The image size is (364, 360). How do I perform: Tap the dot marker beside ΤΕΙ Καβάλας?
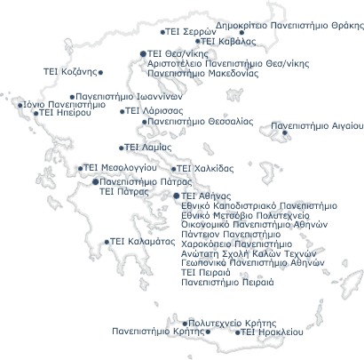[x=198, y=41]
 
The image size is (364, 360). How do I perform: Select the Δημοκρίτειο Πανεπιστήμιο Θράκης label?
[x=289, y=26]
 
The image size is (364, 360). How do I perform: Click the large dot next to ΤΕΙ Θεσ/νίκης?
[x=143, y=53]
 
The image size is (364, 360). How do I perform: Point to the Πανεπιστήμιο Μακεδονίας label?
[x=203, y=73]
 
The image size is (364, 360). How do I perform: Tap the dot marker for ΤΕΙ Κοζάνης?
[x=100, y=72]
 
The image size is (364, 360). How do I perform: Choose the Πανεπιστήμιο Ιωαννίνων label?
[x=129, y=97]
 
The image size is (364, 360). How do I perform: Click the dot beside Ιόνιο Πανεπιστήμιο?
[x=20, y=105]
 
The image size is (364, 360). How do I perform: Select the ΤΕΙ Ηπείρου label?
[x=65, y=113]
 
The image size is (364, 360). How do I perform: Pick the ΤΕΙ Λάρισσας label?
[x=154, y=111]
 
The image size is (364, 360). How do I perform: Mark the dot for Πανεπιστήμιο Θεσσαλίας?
[x=145, y=122]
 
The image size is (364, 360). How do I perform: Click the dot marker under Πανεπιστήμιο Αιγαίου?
[x=285, y=132]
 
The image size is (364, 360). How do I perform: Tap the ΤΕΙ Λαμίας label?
[x=148, y=148]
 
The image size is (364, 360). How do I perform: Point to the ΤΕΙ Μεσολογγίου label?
[x=120, y=168]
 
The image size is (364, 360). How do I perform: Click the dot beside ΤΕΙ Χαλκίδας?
[x=174, y=169]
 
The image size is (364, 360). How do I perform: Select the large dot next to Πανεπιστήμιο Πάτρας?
[x=95, y=181]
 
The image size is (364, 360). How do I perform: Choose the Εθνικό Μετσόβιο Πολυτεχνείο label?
[x=246, y=215]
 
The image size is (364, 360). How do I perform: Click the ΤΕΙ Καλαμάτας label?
[x=143, y=242]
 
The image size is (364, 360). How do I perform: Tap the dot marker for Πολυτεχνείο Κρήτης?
[x=185, y=324]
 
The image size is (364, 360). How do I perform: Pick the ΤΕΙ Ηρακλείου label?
[x=272, y=332]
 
